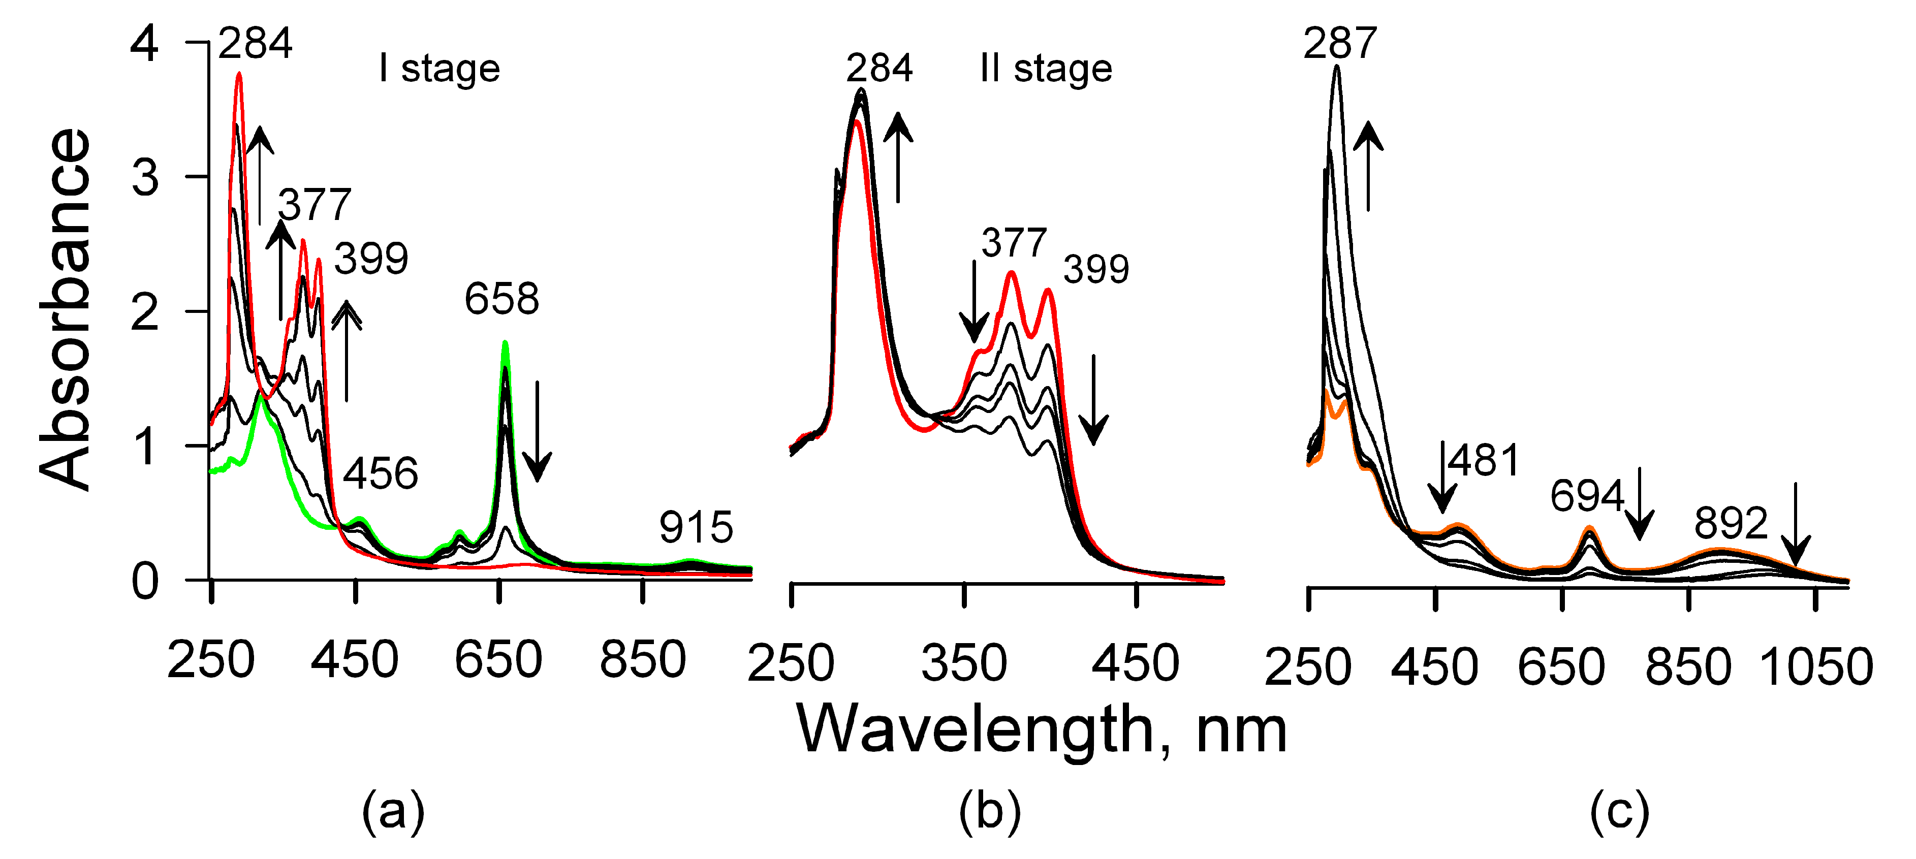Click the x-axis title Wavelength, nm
point(1041,731)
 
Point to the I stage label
point(439,69)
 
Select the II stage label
point(1046,69)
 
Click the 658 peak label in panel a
point(501,299)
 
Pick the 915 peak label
point(696,527)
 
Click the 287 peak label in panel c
point(1339,43)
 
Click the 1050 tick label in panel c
point(1815,666)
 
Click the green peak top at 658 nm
point(505,343)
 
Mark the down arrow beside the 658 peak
point(537,431)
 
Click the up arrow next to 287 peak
point(1368,167)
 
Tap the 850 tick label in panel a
point(643,660)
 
